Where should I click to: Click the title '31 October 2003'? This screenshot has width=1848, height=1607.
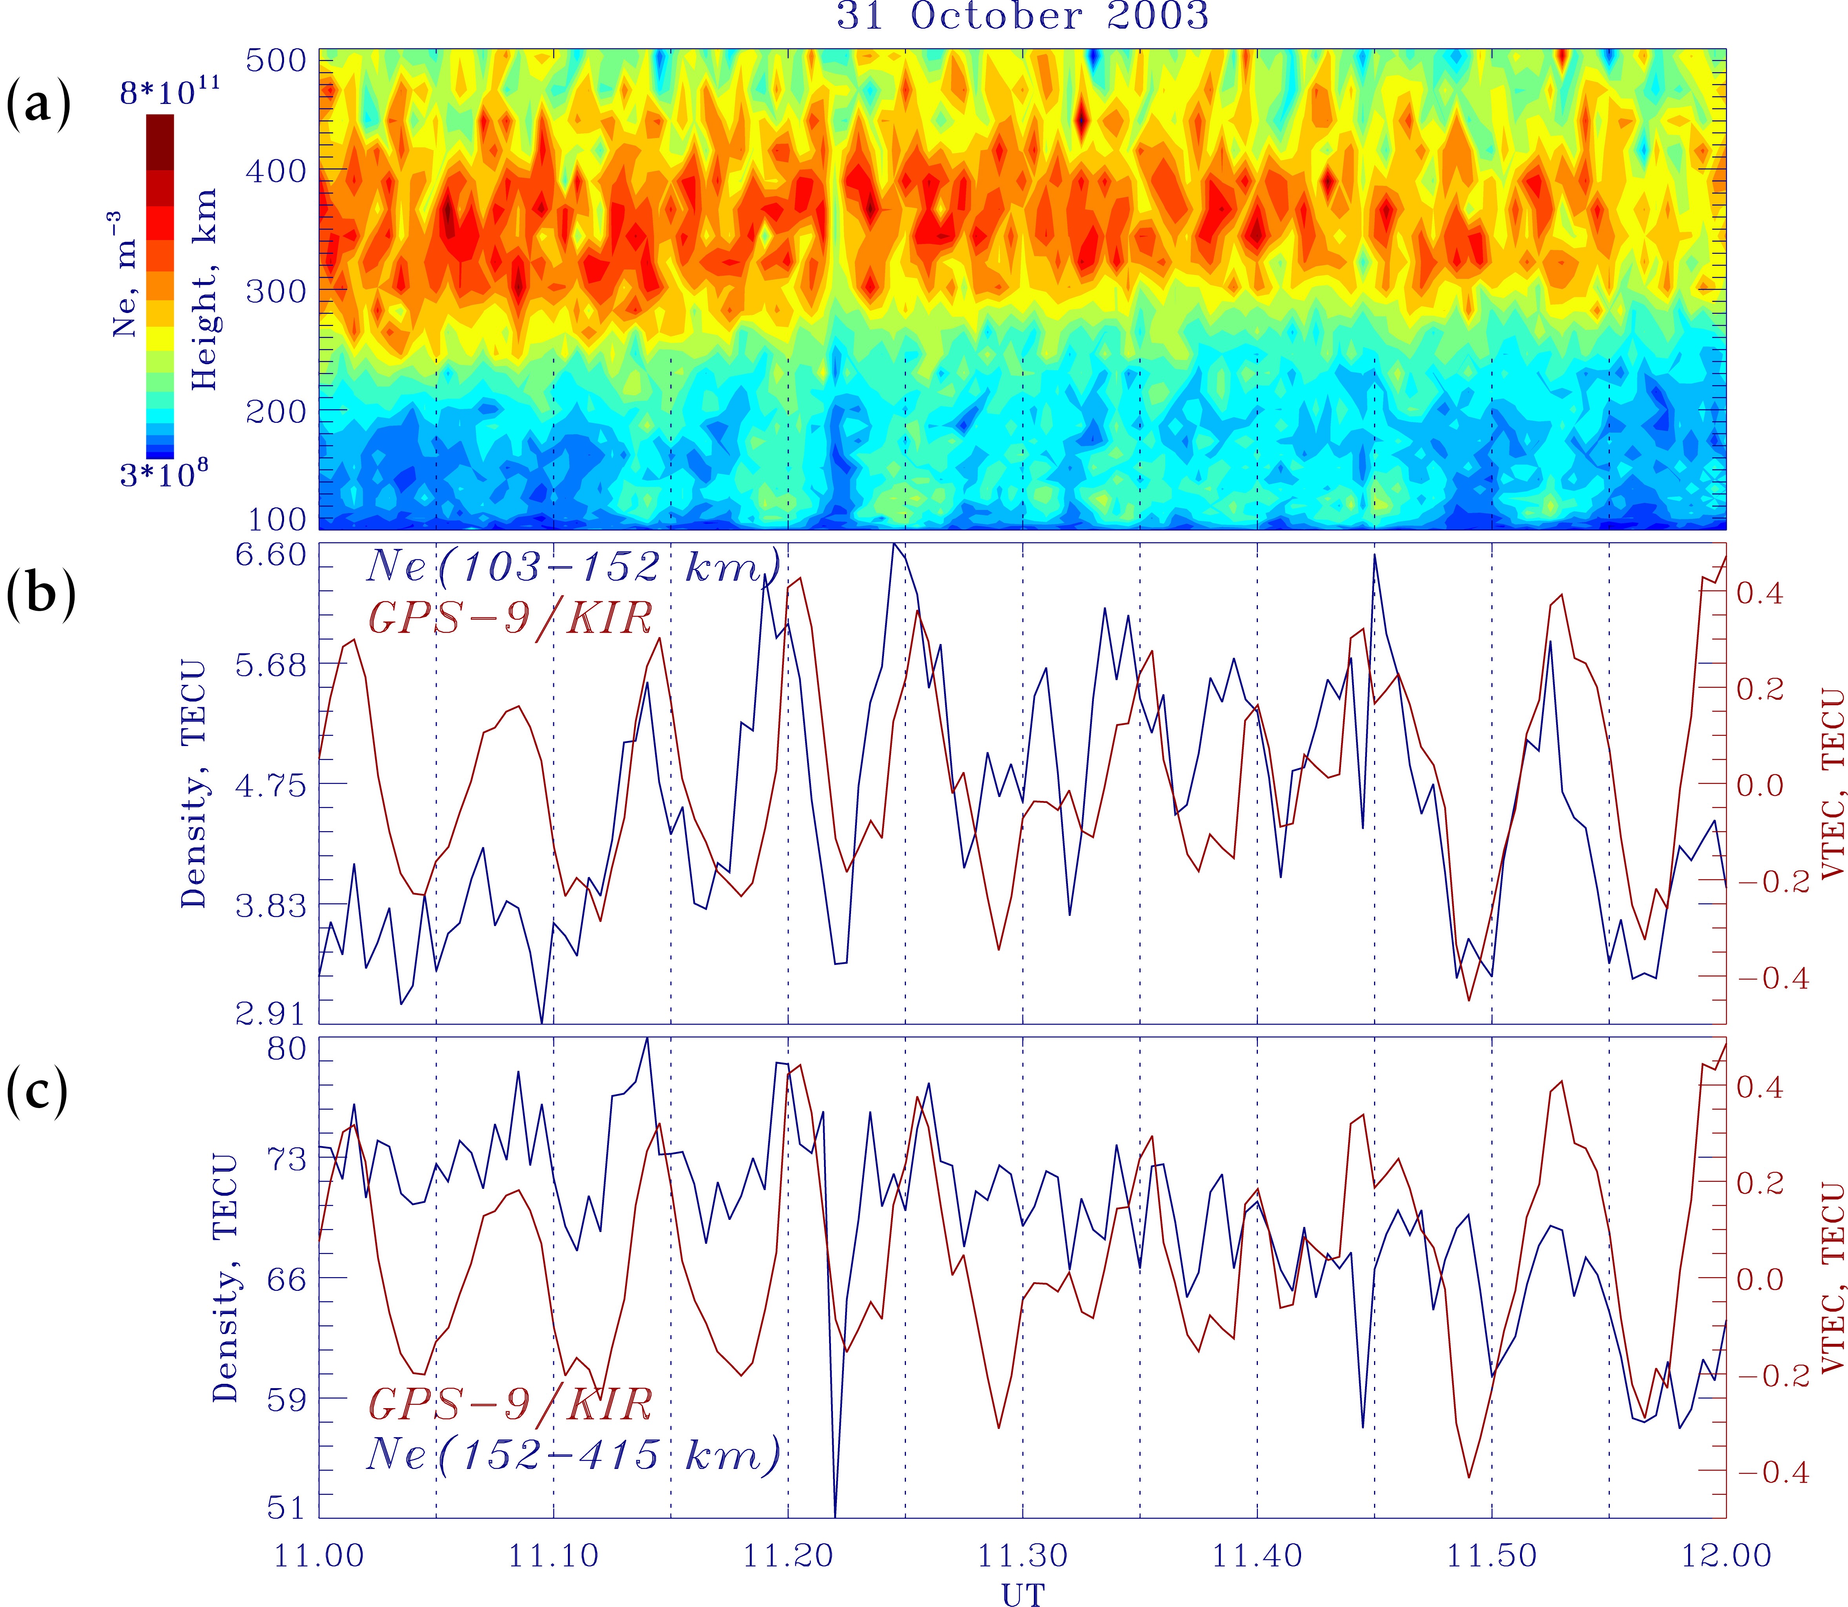tap(1023, 16)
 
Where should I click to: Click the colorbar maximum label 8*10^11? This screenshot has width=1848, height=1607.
tap(170, 91)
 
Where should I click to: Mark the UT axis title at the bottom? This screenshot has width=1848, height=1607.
tap(1023, 1592)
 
